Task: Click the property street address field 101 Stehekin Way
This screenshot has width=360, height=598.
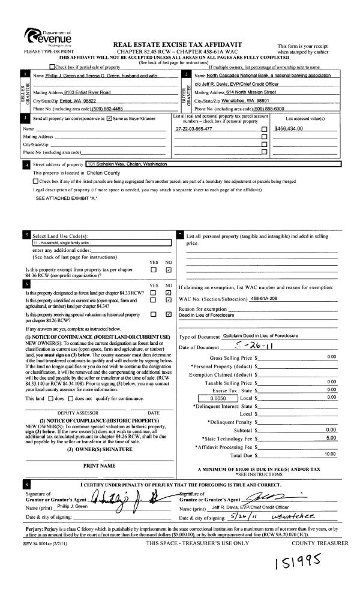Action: (127, 164)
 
